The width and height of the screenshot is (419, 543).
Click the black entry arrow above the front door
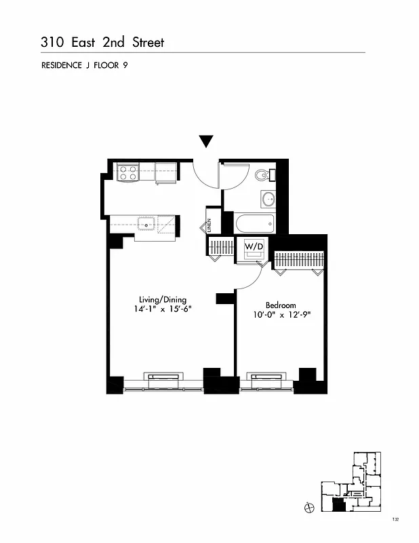coord(206,141)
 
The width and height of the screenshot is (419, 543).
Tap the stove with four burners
coord(127,172)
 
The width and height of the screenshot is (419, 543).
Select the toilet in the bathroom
coord(264,175)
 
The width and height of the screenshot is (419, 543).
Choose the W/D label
coord(254,245)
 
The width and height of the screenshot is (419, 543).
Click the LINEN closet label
coord(210,225)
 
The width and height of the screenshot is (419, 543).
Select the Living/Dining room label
coord(163,299)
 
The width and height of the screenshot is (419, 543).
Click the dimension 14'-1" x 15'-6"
coord(163,310)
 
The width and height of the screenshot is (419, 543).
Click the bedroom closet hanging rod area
coord(299,260)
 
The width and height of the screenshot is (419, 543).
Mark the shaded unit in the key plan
coord(338,504)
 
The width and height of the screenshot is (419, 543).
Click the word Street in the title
coord(144,43)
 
